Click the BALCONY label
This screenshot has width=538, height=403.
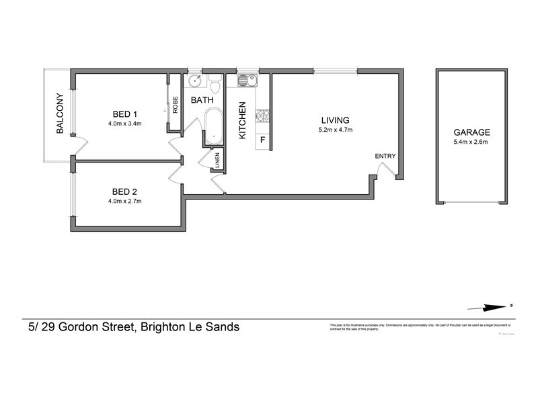60,114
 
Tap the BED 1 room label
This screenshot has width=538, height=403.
121,114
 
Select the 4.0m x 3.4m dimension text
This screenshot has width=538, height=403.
122,124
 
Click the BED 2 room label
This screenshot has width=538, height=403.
121,191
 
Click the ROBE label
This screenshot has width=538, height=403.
175,105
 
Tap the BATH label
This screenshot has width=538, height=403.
202,100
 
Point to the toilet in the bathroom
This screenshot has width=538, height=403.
215,85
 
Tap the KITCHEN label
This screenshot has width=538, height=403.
243,120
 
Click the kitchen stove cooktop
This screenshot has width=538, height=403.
262,117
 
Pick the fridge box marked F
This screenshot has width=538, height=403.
262,140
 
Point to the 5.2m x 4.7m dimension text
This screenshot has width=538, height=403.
336,130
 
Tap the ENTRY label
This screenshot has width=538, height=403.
385,156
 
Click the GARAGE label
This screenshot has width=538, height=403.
471,132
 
